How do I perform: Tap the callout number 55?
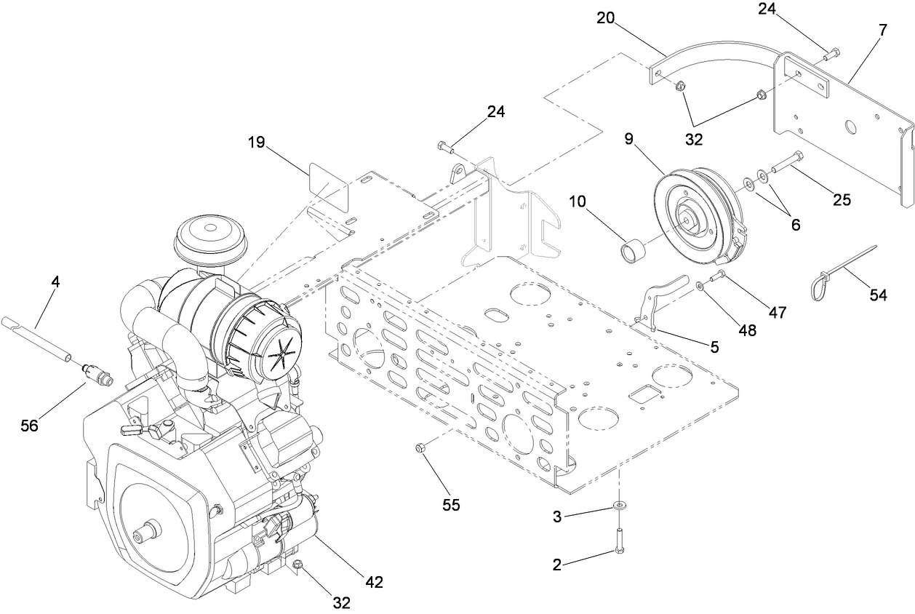(x=451, y=504)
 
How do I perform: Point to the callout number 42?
(x=373, y=581)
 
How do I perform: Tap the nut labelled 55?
(x=420, y=447)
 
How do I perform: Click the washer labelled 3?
(x=619, y=504)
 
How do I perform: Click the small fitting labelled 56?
(x=97, y=371)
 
